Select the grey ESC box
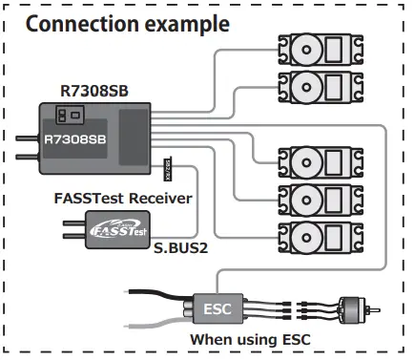(x=216, y=308)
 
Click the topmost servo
(x=310, y=48)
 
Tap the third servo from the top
(x=310, y=159)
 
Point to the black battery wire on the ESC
(x=157, y=288)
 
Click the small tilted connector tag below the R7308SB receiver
(x=169, y=171)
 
